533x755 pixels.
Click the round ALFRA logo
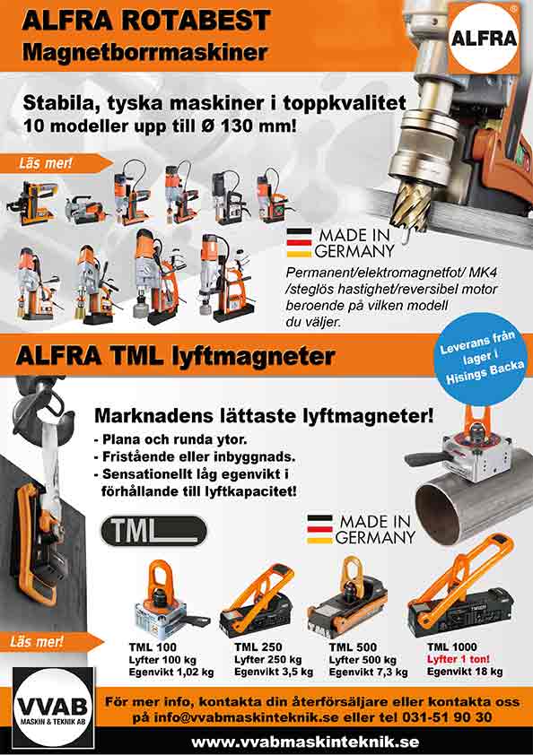[x=484, y=38]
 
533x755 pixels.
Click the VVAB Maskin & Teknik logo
[x=54, y=707]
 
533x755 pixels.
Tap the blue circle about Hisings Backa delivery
[x=480, y=360]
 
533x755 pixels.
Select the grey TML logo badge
[x=153, y=531]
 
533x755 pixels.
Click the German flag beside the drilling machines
[x=299, y=242]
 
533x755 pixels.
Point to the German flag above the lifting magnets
[x=319, y=529]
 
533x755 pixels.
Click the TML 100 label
[x=153, y=647]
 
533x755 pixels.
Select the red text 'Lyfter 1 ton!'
[x=458, y=659]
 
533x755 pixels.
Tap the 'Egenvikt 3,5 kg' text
[x=274, y=672]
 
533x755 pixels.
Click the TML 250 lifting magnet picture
[x=258, y=601]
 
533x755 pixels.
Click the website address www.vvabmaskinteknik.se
[x=306, y=742]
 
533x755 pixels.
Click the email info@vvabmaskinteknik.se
[x=247, y=717]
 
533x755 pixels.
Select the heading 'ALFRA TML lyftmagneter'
[x=175, y=357]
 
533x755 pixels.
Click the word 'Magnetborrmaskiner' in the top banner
[x=144, y=52]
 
